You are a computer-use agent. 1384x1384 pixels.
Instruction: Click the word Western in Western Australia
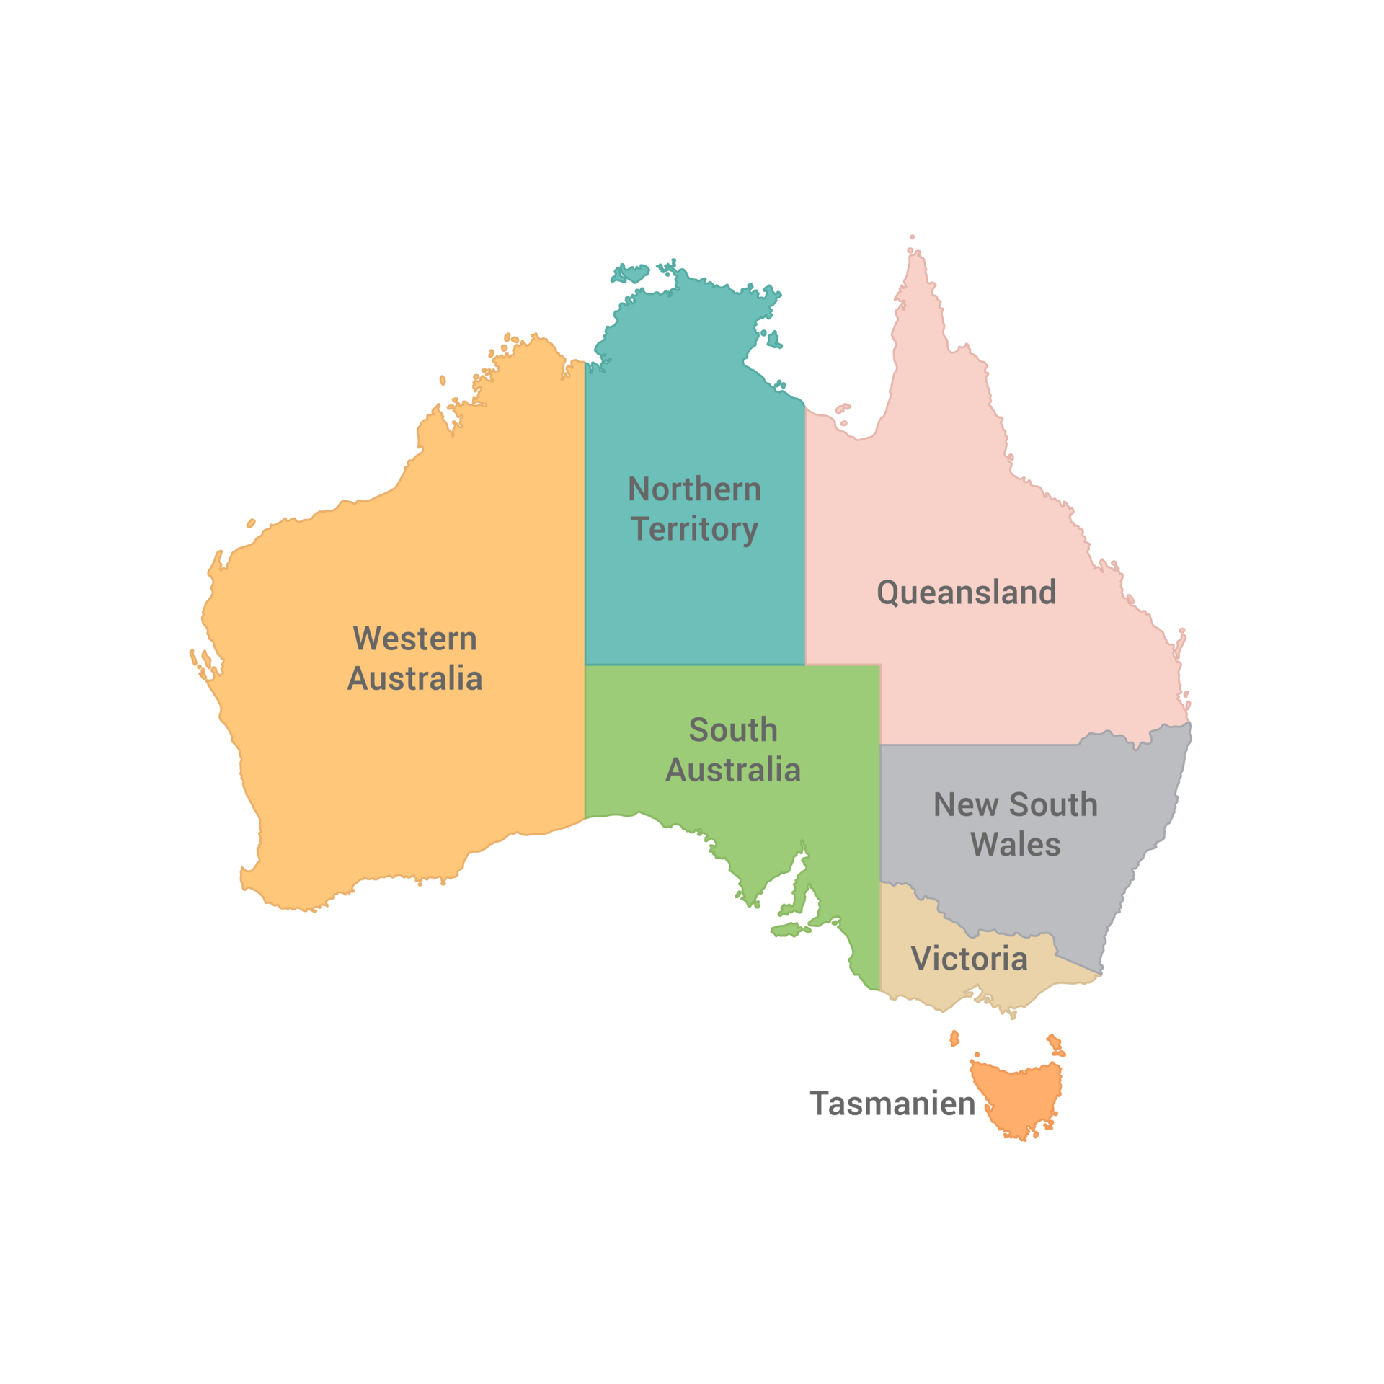[x=414, y=639]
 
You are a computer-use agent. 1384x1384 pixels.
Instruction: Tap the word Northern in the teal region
[x=694, y=489]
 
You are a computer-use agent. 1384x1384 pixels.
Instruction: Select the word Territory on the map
[x=694, y=529]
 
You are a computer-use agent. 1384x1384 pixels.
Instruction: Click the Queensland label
[x=966, y=593]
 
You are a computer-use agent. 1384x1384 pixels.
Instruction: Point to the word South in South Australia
[x=733, y=730]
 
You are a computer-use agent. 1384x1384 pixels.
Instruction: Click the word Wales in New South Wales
[x=1016, y=844]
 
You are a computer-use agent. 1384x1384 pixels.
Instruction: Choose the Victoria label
[x=969, y=959]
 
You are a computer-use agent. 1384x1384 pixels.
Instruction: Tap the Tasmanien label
[x=892, y=1104]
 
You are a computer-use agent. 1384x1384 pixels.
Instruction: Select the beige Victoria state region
[x=937, y=988]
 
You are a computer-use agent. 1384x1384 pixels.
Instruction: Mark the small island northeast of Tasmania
[x=1056, y=1043]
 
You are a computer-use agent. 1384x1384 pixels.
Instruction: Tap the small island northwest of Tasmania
[x=954, y=1038]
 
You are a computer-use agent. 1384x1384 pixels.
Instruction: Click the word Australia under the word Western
[x=414, y=678]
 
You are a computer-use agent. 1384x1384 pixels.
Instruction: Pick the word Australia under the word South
[x=733, y=770]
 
